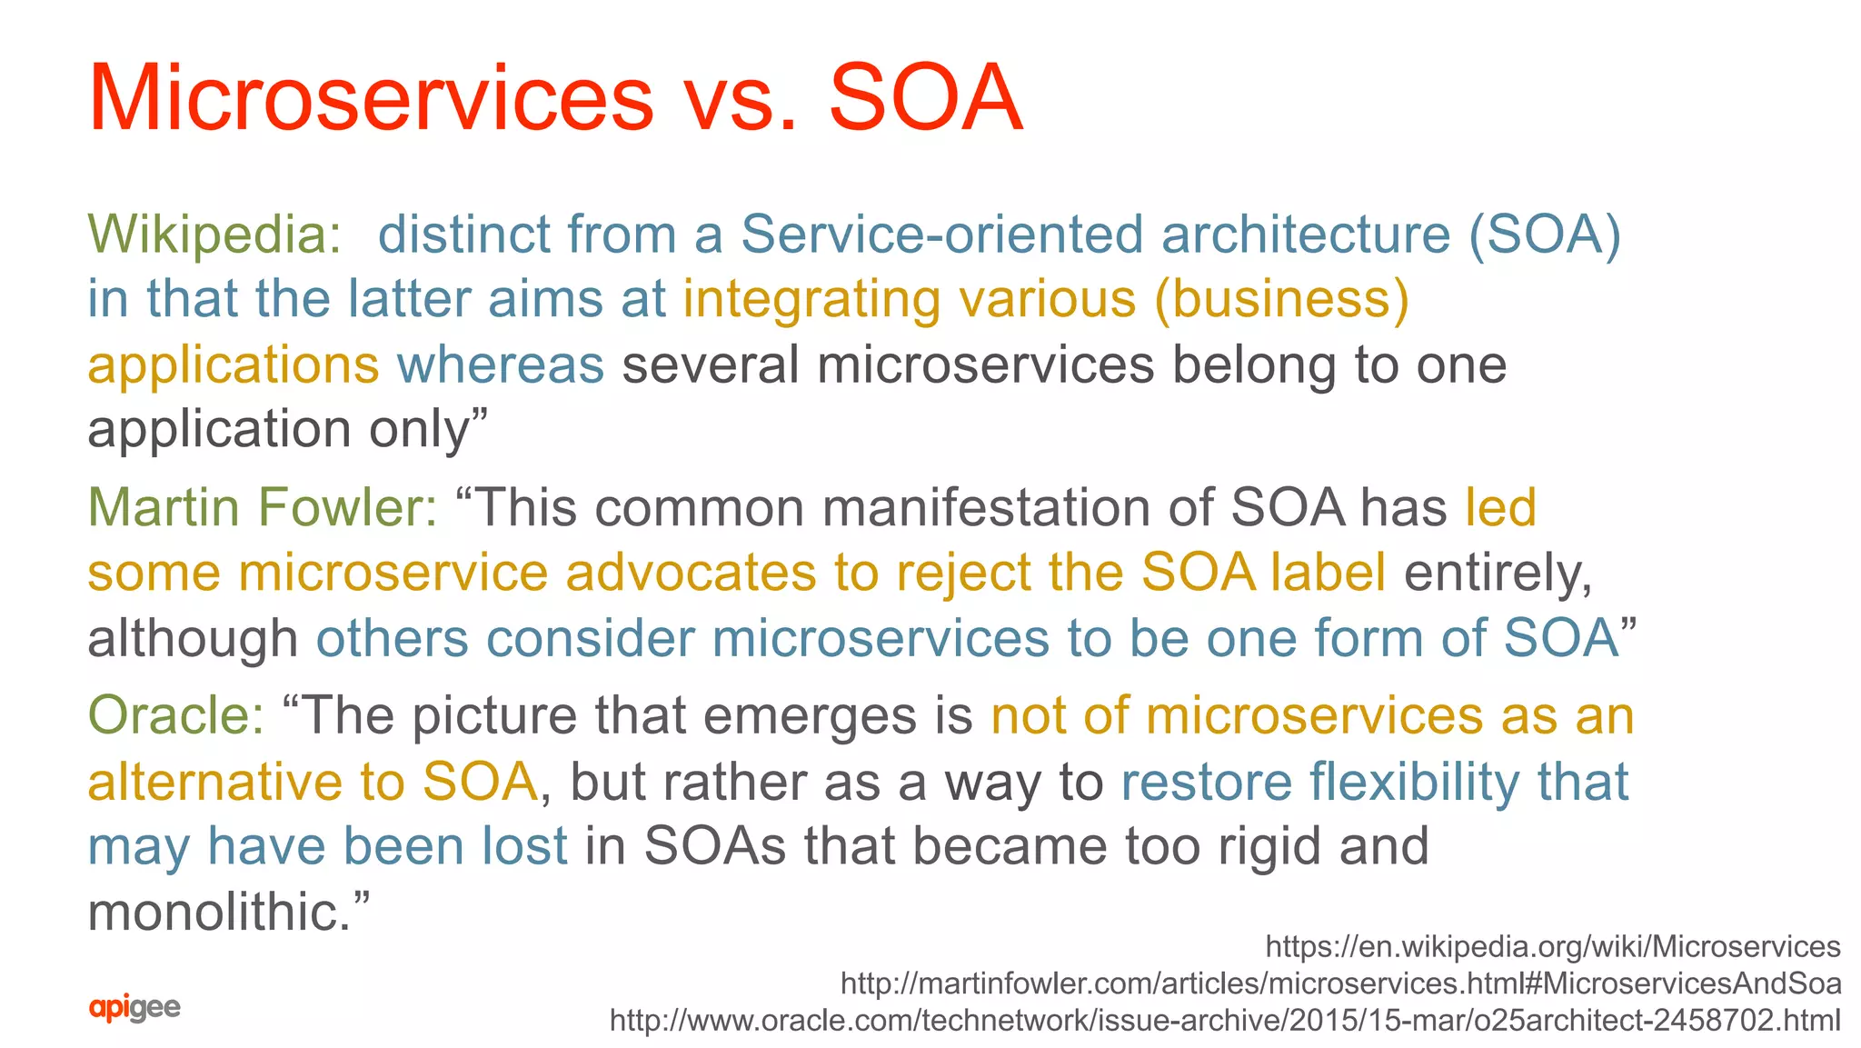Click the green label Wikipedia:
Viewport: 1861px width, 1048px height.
pyautogui.click(x=214, y=235)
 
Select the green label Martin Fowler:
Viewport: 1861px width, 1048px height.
pyautogui.click(x=263, y=507)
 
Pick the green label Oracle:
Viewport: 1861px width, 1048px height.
pyautogui.click(x=176, y=715)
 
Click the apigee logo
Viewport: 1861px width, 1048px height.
pyautogui.click(x=134, y=1007)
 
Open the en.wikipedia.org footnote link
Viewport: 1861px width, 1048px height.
pyautogui.click(x=1553, y=946)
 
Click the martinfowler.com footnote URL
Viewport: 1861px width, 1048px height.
pyautogui.click(x=1340, y=983)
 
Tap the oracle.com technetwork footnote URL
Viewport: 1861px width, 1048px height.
pyautogui.click(x=1225, y=1020)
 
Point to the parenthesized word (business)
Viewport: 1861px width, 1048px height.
pyautogui.click(x=1281, y=299)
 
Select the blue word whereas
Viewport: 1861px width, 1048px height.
pyautogui.click(x=501, y=364)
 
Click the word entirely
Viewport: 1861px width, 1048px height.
pyautogui.click(x=1498, y=573)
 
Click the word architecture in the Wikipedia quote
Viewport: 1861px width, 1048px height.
pyautogui.click(x=1306, y=235)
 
